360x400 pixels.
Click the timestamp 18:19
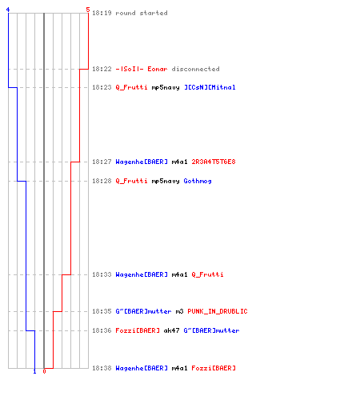click(x=102, y=13)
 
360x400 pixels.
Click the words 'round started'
click(x=142, y=13)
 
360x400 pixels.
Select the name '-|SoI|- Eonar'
click(x=142, y=69)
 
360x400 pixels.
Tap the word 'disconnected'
click(x=195, y=69)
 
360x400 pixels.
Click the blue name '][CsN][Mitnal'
click(x=210, y=87)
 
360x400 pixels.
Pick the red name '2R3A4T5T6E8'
click(x=214, y=162)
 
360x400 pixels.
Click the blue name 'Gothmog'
click(x=198, y=182)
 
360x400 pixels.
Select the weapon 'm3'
click(x=179, y=311)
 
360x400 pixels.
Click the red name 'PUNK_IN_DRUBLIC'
click(x=218, y=311)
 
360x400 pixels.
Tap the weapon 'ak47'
click(x=171, y=330)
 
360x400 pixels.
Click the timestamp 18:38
click(x=102, y=368)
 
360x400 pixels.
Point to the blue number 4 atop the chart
click(x=8, y=10)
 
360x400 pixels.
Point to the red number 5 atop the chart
click(x=88, y=10)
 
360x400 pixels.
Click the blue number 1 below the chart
click(x=34, y=371)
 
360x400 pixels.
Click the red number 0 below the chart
click(x=44, y=371)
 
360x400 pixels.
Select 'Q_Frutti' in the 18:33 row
click(x=207, y=274)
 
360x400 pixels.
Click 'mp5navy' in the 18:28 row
click(x=166, y=182)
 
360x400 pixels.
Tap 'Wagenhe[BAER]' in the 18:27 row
click(x=142, y=162)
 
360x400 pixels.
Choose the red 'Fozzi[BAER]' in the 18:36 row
click(x=138, y=330)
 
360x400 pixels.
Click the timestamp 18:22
click(x=102, y=69)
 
